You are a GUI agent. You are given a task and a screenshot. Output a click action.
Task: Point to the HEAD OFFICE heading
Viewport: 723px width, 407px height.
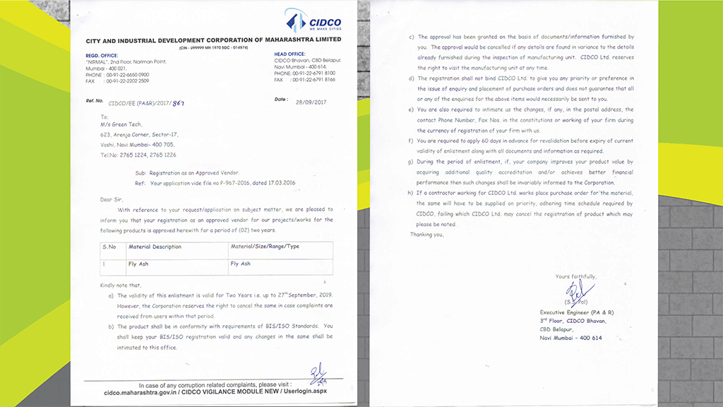pyautogui.click(x=289, y=54)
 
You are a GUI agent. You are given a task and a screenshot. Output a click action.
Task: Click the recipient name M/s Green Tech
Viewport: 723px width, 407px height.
pyautogui.click(x=121, y=124)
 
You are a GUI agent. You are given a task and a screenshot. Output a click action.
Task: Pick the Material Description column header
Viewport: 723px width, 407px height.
pyautogui.click(x=155, y=247)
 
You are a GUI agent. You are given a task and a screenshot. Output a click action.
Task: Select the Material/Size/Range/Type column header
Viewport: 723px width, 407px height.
pyautogui.click(x=265, y=247)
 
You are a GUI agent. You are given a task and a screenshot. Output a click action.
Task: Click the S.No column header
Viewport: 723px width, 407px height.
pyautogui.click(x=110, y=247)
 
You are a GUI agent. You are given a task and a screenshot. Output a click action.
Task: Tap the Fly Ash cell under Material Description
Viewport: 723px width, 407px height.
pyautogui.click(x=138, y=264)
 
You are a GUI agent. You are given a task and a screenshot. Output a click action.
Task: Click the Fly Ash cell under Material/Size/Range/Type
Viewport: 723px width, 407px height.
pyautogui.click(x=240, y=264)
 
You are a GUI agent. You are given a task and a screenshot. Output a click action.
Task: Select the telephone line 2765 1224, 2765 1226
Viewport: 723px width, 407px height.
pyautogui.click(x=138, y=154)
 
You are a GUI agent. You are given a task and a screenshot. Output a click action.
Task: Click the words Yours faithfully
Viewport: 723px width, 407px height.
pyautogui.click(x=575, y=276)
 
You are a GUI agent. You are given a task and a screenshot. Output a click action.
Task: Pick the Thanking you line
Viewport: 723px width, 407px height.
pyautogui.click(x=427, y=234)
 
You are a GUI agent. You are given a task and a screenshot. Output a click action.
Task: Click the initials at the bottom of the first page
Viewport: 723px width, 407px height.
pyautogui.click(x=315, y=372)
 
